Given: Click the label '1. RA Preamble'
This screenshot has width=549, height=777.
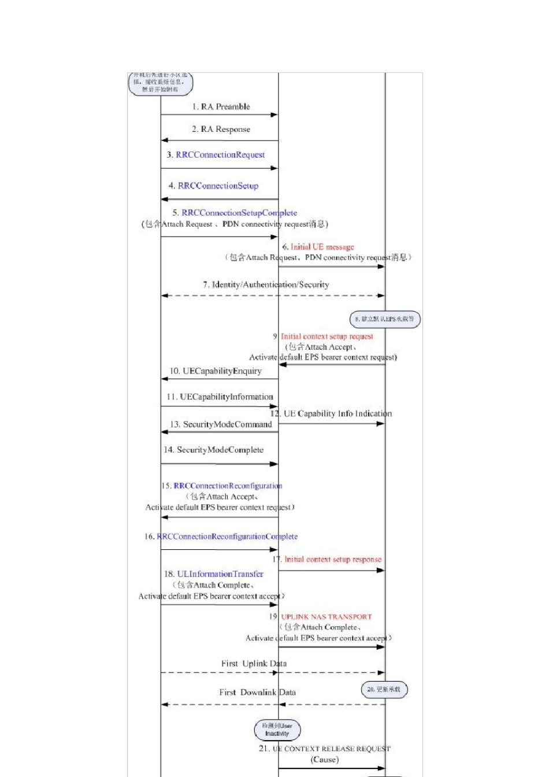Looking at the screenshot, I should coord(221,107).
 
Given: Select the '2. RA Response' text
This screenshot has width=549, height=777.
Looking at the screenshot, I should coord(221,129).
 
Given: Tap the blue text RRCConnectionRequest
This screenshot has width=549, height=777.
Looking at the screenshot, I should coord(220,155).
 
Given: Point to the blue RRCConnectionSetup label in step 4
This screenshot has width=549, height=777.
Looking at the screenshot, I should coord(218,186).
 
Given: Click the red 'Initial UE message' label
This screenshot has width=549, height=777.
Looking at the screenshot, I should coord(322,247).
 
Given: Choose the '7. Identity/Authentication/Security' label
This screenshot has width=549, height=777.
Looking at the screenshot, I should coord(266,284).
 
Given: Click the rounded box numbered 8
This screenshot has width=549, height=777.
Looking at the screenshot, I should coord(385,319).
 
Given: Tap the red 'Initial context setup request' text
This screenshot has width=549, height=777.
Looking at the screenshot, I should coord(327,336).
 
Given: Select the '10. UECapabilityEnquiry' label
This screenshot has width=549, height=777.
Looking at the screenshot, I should coord(216,371).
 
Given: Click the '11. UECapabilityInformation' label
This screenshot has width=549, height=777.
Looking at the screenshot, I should coord(220,397).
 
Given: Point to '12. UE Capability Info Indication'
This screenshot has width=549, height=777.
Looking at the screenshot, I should coord(331,414).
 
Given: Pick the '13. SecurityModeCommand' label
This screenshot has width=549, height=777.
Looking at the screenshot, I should coord(221,424).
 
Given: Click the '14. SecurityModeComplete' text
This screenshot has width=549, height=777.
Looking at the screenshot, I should coord(213,450).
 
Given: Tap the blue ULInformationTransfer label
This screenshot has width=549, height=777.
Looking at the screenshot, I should coord(220,574).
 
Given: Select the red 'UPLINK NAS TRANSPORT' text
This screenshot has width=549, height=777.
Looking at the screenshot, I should coord(327,617).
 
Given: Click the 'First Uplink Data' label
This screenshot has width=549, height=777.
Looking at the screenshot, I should coord(254,664).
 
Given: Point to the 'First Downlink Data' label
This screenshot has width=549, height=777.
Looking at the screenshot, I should coord(257,693).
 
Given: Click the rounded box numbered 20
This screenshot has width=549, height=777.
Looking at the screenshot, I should coord(384,690).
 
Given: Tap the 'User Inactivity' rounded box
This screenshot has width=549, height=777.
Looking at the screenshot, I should coord(277,730).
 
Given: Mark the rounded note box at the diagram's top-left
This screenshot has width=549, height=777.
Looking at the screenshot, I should coord(160,83).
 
